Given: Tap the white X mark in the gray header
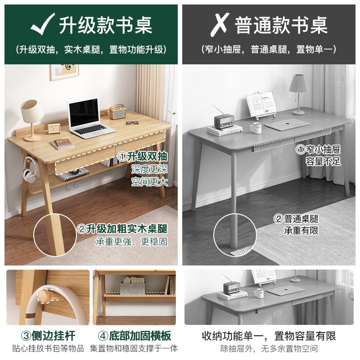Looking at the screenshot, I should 219,24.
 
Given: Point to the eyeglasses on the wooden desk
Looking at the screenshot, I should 131,122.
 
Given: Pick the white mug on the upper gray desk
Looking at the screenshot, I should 256,128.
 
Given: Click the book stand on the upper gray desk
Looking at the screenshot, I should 261,105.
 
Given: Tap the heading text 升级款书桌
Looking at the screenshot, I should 105,24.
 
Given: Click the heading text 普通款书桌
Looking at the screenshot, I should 282,24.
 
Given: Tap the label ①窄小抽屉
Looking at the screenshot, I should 318,148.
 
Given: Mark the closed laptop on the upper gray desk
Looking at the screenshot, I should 290,125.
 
